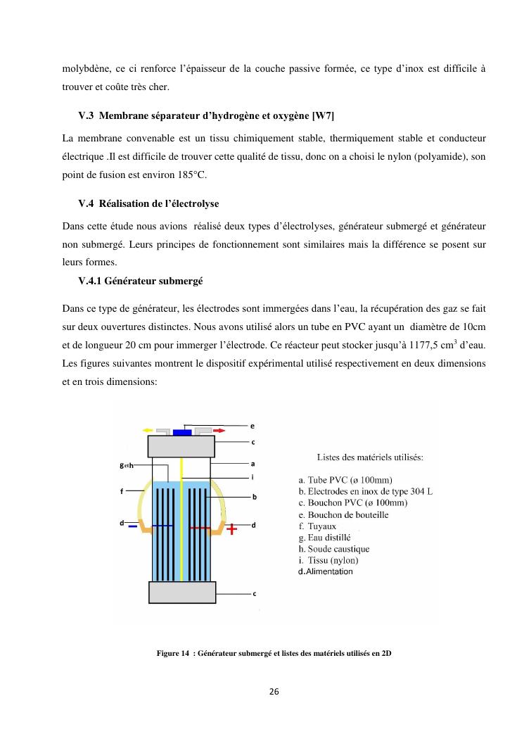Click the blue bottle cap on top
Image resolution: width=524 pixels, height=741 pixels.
coord(182,431)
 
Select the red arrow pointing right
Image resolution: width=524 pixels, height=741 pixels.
coord(219,429)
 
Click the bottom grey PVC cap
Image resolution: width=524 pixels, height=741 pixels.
coord(182,593)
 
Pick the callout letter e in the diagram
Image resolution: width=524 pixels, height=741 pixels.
coord(253,426)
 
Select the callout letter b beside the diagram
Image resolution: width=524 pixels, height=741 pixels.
coord(254,496)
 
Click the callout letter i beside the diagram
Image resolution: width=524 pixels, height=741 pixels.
coord(253,476)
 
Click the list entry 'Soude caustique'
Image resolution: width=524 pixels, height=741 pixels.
coord(333,549)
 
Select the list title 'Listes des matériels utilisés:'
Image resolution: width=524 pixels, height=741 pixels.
coord(370,457)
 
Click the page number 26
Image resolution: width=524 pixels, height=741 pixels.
coord(274,692)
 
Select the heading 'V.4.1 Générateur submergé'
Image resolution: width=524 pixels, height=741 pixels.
coord(141,280)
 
